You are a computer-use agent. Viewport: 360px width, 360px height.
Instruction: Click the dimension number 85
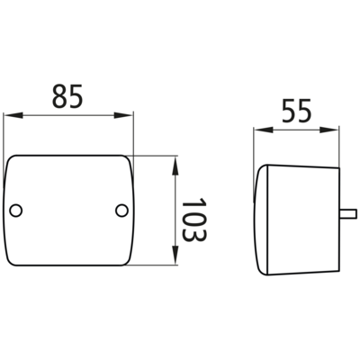(67, 96)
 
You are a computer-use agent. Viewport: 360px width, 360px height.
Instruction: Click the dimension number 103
(193, 220)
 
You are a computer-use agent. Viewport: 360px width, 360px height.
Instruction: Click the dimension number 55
(297, 111)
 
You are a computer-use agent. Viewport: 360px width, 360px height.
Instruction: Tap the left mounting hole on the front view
(15, 211)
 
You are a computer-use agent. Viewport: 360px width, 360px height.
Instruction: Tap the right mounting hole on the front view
(121, 211)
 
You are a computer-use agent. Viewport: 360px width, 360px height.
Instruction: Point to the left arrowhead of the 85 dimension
(13, 115)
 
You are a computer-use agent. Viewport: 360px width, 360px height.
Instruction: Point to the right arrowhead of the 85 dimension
(123, 115)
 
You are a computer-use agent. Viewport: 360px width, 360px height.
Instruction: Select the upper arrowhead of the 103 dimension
(175, 166)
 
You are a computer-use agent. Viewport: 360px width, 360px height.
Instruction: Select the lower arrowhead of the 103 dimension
(175, 255)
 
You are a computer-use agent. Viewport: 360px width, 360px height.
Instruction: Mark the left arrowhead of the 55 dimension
(264, 130)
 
